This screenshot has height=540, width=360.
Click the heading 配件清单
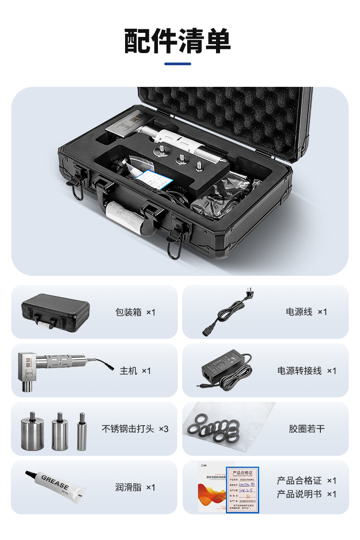pos(177,41)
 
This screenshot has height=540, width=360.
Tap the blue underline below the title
pos(177,64)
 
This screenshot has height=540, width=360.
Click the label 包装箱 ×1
pos(135,312)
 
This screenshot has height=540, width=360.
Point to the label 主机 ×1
pos(135,371)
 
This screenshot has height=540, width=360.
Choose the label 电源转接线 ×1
pos(306,371)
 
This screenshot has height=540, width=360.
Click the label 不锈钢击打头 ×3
pos(135,429)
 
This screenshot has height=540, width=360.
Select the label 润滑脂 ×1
pos(135,487)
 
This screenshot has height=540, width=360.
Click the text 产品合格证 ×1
pos(306,481)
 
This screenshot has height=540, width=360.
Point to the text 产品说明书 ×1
pos(306,494)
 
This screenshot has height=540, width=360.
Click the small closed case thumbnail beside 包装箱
pos(55,312)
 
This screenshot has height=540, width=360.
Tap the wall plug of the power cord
pos(248,294)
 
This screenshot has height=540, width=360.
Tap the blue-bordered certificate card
pos(243,489)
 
